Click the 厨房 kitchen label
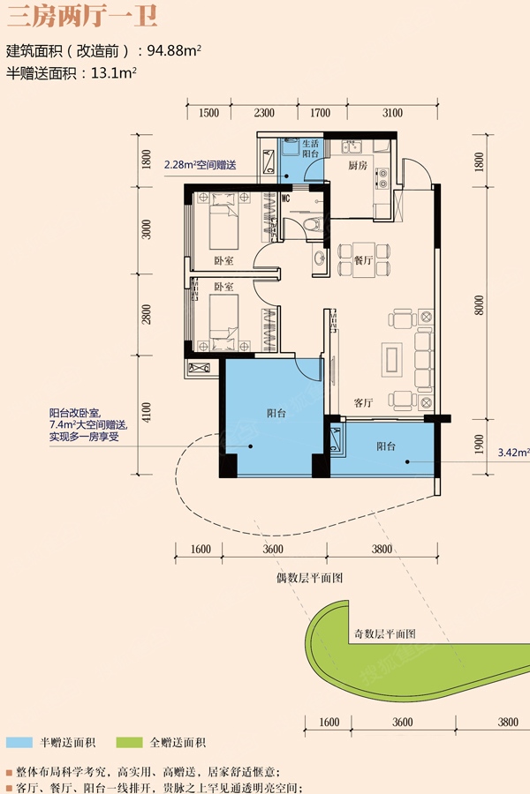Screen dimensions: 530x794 pos(358,165)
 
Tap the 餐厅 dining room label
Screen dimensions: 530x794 pos(363,260)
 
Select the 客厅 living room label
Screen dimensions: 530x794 pos(363,402)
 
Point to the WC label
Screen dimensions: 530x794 pos(285,198)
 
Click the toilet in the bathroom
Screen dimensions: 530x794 pos(315,224)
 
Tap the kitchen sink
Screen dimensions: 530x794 pos(351,146)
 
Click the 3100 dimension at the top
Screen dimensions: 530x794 pos(392,113)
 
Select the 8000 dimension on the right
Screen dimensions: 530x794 pos(479,305)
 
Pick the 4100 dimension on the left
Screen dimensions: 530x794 pos(146,413)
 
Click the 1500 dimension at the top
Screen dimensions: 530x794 pos(208,113)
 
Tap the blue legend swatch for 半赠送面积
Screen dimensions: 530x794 pos(19,742)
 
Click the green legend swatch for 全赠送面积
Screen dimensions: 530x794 pos(129,742)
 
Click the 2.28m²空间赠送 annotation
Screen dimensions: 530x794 pos(200,165)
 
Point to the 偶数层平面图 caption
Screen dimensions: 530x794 pos(309,578)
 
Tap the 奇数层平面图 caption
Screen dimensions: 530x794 pos(385,633)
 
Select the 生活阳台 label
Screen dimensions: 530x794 pos(310,148)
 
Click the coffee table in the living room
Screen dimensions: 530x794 pos(391,359)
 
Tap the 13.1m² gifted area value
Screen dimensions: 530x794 pos(114,73)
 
